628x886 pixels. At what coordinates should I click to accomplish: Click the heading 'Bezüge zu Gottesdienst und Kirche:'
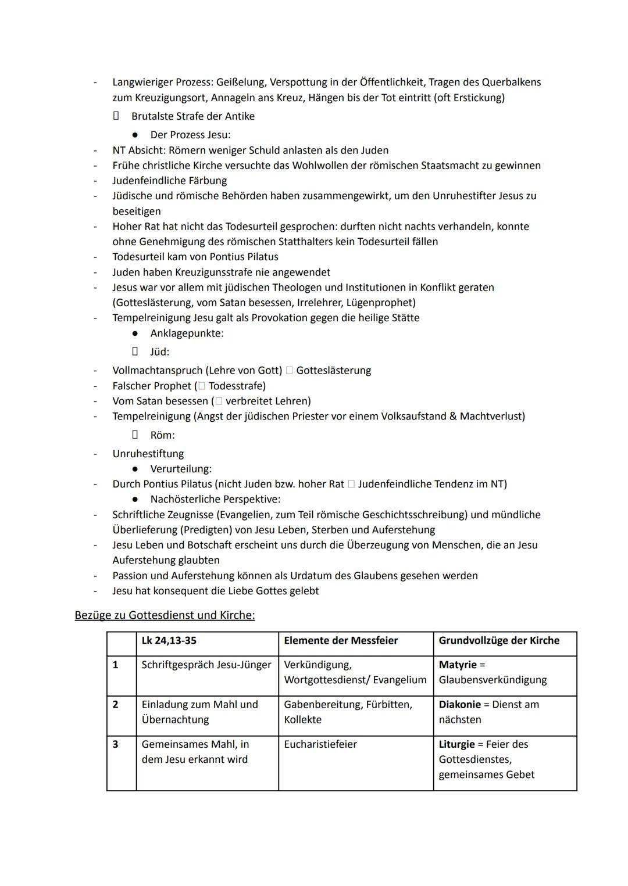click(x=165, y=615)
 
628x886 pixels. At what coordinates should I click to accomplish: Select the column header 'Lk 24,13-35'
click(x=169, y=640)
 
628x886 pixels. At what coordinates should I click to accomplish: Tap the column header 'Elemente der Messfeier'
click(x=341, y=640)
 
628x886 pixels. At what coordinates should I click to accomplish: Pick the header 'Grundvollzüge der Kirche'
click(x=499, y=640)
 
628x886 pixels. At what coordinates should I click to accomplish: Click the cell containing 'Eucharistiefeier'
click(x=320, y=744)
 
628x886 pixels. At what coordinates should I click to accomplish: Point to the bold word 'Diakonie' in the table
click(x=459, y=704)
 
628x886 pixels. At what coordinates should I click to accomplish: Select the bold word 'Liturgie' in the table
click(x=456, y=744)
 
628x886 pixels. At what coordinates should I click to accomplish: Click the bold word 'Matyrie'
click(x=458, y=665)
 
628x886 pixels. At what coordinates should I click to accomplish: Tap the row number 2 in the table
click(x=115, y=704)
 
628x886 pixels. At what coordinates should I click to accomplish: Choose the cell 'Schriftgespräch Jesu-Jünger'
click(x=206, y=665)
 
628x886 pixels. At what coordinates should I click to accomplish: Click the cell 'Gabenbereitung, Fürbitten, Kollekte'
click(x=348, y=712)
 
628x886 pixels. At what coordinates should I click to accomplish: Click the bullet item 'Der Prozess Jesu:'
click(x=190, y=135)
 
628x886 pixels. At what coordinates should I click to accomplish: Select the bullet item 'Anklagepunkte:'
click(x=187, y=333)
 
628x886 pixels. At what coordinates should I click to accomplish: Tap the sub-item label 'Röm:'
click(x=162, y=435)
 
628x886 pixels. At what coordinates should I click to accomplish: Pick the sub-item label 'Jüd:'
click(x=159, y=352)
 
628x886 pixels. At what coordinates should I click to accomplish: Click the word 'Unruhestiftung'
click(x=148, y=454)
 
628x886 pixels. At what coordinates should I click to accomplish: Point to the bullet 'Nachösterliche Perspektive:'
click(x=215, y=499)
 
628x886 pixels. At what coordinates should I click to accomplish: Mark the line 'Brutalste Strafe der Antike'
click(x=192, y=116)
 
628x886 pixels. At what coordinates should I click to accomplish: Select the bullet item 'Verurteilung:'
click(x=181, y=469)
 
